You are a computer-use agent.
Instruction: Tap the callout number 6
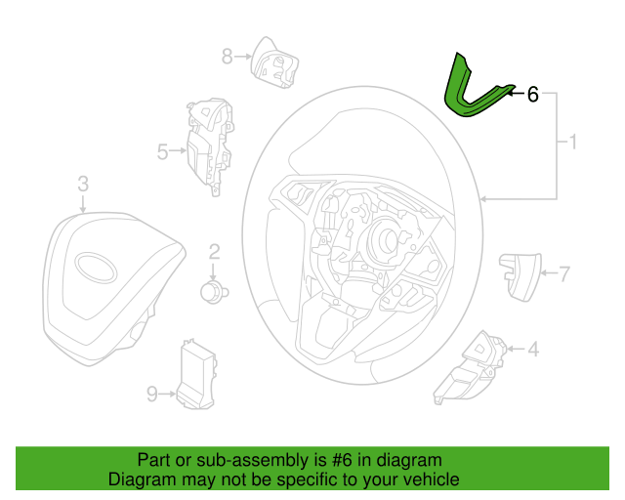click(532, 95)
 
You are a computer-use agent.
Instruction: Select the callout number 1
click(573, 143)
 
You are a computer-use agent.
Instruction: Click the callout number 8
click(228, 57)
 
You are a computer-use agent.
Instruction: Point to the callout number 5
click(163, 152)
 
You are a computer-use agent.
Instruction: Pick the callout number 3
click(83, 184)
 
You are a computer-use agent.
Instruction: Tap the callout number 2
click(214, 252)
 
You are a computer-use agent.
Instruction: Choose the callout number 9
click(152, 394)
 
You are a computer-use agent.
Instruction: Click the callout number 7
click(564, 273)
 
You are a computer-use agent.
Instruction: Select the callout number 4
click(533, 350)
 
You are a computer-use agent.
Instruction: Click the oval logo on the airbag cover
click(96, 268)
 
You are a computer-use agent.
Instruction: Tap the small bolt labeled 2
click(214, 291)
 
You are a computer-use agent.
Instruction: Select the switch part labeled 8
click(274, 63)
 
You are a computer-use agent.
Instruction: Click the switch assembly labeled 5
click(210, 146)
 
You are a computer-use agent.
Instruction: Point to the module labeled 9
click(197, 374)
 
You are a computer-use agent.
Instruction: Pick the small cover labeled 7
click(521, 276)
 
